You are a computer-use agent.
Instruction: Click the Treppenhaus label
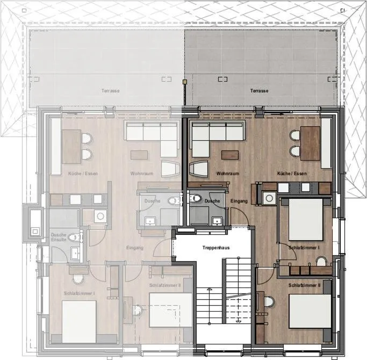(x=216, y=248)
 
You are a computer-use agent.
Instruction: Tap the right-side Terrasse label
(x=259, y=91)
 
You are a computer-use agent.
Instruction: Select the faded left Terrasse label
(x=110, y=91)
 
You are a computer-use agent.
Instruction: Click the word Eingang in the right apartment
(x=239, y=201)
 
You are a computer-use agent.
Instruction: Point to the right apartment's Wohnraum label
(x=227, y=174)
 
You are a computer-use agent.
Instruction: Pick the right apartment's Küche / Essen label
(x=292, y=174)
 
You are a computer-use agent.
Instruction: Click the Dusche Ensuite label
(x=59, y=237)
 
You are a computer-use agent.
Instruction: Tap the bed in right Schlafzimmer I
(x=305, y=220)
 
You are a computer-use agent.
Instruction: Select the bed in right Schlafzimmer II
(x=310, y=311)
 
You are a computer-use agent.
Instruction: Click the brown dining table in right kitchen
(x=310, y=143)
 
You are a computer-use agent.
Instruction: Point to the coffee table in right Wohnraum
(x=230, y=154)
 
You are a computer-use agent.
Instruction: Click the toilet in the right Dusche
(x=196, y=199)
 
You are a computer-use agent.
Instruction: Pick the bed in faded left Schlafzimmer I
(x=79, y=321)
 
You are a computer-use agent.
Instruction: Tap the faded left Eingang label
(x=135, y=248)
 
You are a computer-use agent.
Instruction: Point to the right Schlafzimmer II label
(x=304, y=285)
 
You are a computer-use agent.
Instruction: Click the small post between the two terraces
(x=184, y=82)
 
